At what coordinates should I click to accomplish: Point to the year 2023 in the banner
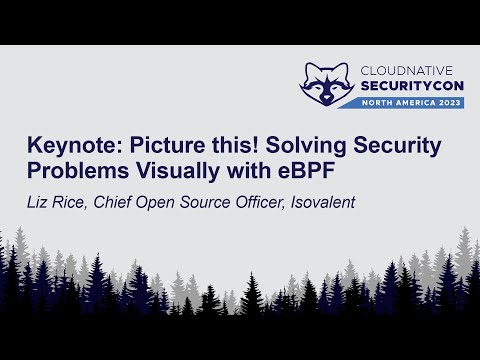click(448, 103)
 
